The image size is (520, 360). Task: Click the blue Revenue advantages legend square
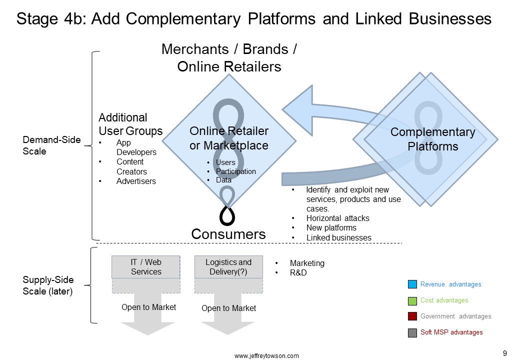tap(412, 284)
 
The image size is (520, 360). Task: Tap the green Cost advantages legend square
tap(412, 300)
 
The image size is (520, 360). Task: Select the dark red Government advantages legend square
tap(412, 316)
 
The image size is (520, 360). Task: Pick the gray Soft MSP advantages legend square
tap(412, 332)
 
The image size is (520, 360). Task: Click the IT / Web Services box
tap(146, 267)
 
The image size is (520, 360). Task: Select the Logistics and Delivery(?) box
tap(228, 267)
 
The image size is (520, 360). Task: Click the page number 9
tap(504, 353)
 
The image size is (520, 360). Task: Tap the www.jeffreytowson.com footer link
tap(266, 355)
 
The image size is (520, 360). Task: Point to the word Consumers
tap(228, 234)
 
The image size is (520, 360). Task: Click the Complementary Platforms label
tap(433, 139)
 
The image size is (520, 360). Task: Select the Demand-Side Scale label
tap(51, 145)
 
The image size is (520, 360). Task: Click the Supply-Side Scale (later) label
tap(48, 285)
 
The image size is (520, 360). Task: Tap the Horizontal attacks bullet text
tap(337, 218)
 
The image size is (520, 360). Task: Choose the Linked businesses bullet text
tap(338, 237)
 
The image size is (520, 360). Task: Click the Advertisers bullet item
tap(136, 181)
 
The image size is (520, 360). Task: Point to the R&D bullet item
tap(298, 273)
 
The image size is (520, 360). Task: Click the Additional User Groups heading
tap(130, 124)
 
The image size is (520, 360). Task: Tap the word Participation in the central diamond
tap(236, 171)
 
